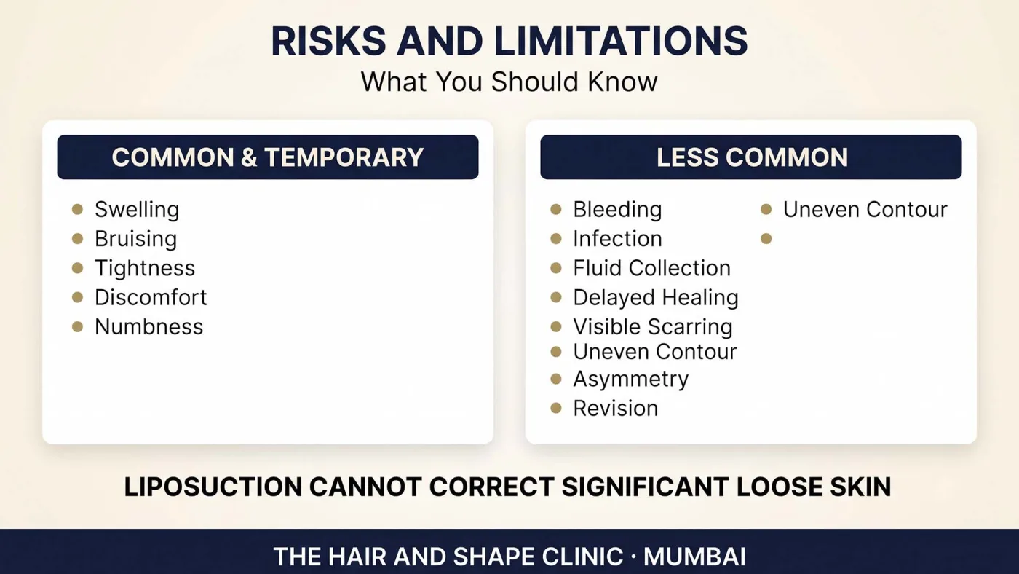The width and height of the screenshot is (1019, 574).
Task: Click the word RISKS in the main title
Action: coord(328,42)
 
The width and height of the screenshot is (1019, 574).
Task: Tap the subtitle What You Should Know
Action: coord(509,82)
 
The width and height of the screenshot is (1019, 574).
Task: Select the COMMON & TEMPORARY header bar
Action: coord(268,157)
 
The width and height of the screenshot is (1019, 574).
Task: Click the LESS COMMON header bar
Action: coord(751,157)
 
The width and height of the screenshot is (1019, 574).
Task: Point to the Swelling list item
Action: coord(137,210)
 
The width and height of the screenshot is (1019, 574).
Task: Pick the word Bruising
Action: coord(135,239)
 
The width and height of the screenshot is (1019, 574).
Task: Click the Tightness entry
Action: coord(145,268)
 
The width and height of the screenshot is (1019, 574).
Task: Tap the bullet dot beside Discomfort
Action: coord(77,297)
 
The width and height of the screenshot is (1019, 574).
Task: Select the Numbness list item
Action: coord(148,327)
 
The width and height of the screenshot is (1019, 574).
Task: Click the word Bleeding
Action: coord(617,210)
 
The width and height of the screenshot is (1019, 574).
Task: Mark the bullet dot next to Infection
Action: coord(556,238)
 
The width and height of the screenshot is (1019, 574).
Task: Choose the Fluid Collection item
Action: coord(652,268)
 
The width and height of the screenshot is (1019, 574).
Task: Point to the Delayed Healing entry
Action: coord(656,298)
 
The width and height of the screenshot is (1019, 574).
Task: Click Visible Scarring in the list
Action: coord(653,327)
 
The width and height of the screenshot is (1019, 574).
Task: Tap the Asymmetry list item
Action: coord(630,380)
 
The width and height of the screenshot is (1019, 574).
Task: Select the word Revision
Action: coord(616,409)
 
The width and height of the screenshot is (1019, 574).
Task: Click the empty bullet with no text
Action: coord(766,238)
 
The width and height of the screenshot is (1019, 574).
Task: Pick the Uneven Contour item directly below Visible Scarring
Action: coord(654,352)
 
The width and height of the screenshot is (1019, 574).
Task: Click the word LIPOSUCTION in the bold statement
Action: coord(213,487)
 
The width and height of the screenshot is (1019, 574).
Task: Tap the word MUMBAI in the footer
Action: coord(694,557)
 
